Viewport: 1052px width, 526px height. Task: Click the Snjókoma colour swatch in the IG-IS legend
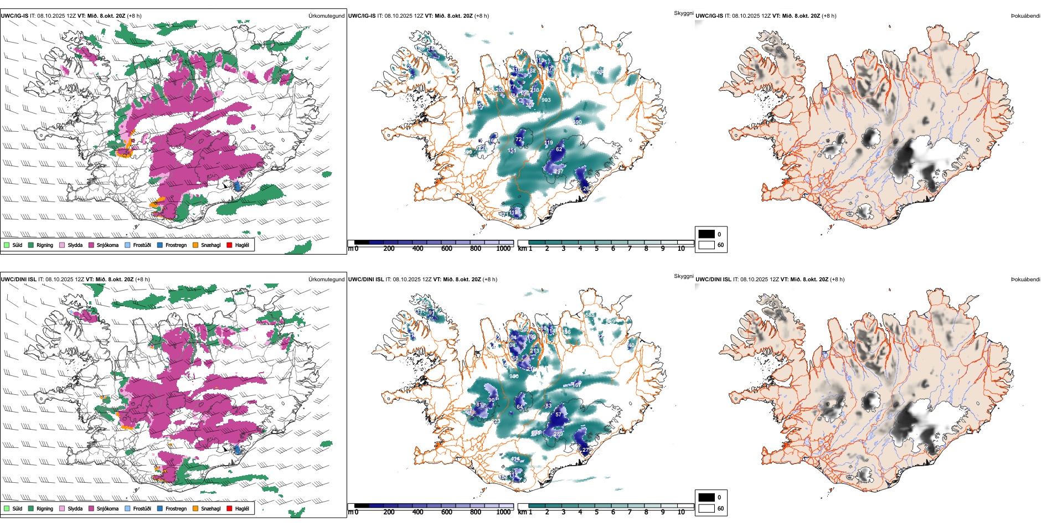click(x=91, y=245)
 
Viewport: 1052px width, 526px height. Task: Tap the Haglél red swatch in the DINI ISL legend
click(x=230, y=508)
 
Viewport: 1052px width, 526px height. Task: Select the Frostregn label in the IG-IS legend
click(x=176, y=245)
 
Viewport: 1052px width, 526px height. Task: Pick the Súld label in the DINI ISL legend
click(x=17, y=508)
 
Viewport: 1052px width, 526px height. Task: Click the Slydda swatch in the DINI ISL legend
click(x=63, y=508)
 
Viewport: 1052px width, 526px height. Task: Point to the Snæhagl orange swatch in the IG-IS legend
click(x=195, y=245)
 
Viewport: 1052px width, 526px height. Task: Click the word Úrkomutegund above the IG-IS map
click(x=326, y=16)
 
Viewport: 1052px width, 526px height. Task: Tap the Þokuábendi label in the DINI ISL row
click(x=1025, y=280)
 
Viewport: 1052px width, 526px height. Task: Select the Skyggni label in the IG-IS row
click(x=683, y=13)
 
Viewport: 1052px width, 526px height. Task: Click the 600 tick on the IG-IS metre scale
click(x=447, y=249)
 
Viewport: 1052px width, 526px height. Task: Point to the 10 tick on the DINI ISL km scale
click(x=681, y=512)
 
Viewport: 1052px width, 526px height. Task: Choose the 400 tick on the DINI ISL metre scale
click(x=418, y=512)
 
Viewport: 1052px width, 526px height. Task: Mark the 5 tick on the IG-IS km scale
click(x=597, y=249)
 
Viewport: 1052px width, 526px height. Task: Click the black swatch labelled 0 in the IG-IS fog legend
click(x=707, y=234)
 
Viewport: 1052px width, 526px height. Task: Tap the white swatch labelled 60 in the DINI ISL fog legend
click(x=707, y=508)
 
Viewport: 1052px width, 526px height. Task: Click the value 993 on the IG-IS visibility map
click(x=546, y=100)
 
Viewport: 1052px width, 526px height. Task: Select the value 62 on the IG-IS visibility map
click(x=559, y=149)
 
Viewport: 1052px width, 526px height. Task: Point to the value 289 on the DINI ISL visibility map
click(x=558, y=434)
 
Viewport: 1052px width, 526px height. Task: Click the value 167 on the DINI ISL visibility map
click(x=577, y=385)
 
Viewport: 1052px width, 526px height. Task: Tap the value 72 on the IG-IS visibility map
click(x=519, y=140)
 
